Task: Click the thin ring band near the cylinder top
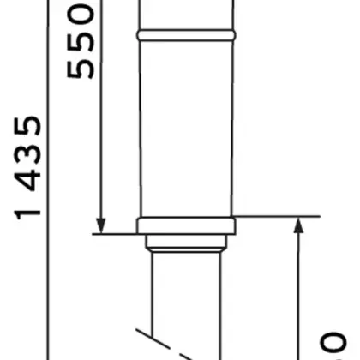click(185, 37)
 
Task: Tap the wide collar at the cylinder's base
click(185, 226)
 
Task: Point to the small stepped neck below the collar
click(185, 243)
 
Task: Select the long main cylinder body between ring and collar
click(185, 129)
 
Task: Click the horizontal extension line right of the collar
click(274, 217)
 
